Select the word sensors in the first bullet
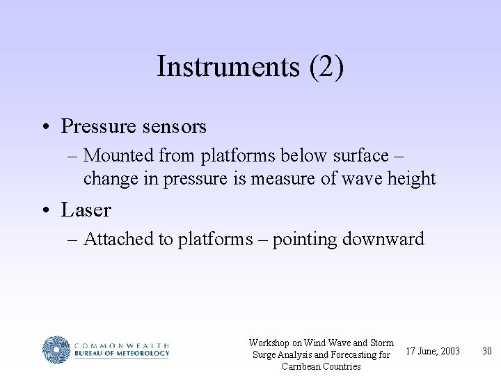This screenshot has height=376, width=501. click(174, 127)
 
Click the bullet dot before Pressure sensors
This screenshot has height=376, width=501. click(45, 127)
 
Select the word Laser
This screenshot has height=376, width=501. click(86, 209)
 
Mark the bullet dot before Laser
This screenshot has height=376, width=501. click(45, 210)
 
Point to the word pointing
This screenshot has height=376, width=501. click(303, 240)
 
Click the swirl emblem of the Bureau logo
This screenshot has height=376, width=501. click(56, 349)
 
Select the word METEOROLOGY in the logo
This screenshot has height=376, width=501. click(142, 354)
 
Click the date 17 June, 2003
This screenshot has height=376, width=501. click(432, 351)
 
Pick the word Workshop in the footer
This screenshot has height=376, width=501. click(269, 343)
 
